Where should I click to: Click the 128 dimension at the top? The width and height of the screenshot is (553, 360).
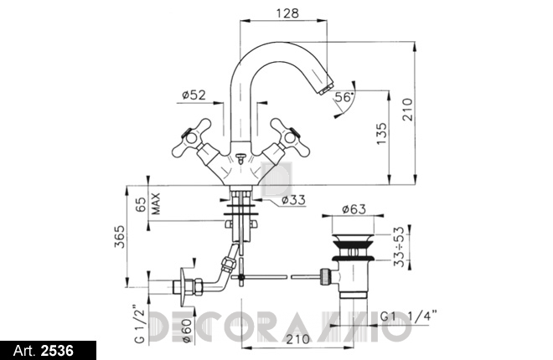(287, 13)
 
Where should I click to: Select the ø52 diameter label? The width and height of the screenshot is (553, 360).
(194, 95)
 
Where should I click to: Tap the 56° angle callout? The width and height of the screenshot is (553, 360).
(344, 97)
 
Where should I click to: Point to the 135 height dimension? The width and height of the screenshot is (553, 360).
(381, 133)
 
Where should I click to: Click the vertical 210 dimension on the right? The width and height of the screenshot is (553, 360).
(407, 110)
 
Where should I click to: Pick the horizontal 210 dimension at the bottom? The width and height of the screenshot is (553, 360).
(297, 339)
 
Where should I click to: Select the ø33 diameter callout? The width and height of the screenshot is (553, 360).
(293, 200)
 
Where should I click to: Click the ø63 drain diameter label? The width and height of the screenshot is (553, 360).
(354, 209)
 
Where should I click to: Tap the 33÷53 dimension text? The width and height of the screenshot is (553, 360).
(399, 246)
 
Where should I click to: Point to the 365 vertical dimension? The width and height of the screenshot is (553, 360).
(120, 236)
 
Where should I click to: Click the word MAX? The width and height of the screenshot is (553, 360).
(156, 203)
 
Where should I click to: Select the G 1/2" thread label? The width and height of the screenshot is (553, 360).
(139, 323)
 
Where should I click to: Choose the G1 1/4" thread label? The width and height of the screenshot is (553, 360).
(409, 316)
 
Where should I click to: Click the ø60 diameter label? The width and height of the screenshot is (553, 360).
(186, 331)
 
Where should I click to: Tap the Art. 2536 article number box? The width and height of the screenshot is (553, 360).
(48, 351)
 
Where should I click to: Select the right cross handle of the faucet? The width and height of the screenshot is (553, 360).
(290, 137)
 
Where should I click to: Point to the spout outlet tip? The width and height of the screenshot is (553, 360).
(326, 87)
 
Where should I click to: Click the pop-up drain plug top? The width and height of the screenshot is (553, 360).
(354, 239)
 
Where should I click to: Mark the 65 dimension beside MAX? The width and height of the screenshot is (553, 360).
(141, 204)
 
